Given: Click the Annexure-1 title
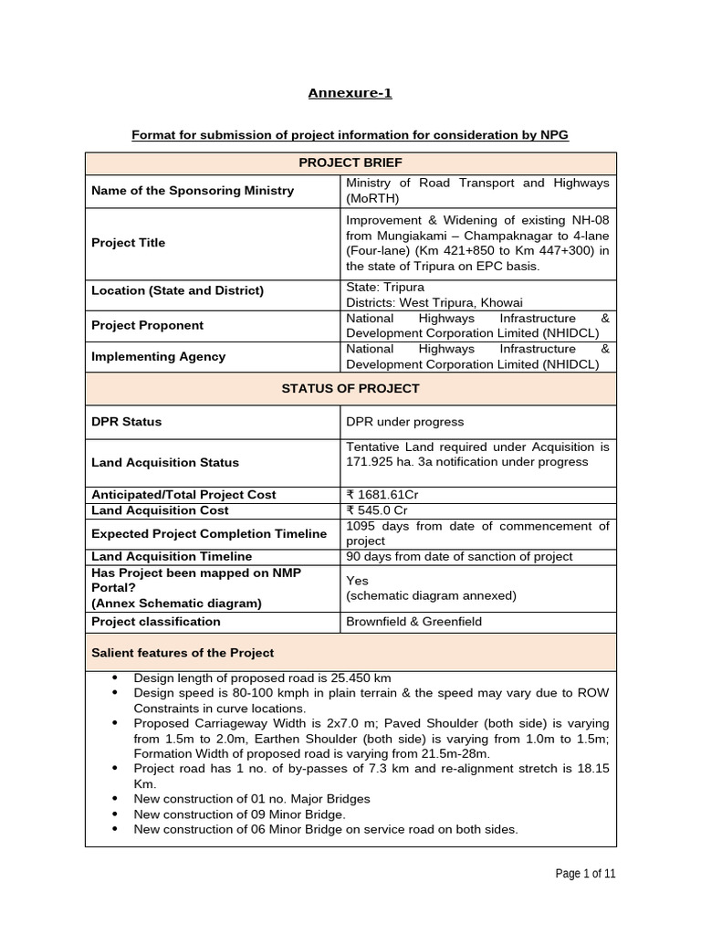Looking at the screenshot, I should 350,93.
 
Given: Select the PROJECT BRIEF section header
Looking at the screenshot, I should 350,163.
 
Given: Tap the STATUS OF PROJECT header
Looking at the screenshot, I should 350,388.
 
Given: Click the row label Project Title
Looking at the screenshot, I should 129,243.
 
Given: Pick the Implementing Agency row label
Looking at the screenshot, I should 158,357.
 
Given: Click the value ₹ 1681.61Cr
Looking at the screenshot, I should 384,494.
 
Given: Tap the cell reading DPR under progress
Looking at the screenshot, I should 404,422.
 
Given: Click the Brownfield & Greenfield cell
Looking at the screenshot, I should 413,622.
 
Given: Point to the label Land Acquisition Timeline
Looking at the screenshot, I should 172,556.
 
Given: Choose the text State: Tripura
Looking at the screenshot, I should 385,287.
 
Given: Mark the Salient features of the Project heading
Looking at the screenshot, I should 183,653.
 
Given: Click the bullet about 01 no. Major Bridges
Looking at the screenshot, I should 252,799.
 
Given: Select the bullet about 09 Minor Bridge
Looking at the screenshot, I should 240,814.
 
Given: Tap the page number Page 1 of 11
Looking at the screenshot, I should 586,874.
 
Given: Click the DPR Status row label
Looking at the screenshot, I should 127,422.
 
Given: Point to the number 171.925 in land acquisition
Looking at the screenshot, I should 372,461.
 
